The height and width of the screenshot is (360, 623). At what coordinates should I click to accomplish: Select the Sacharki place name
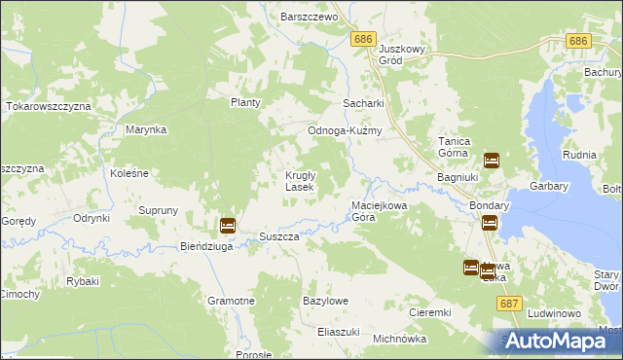(x=363, y=103)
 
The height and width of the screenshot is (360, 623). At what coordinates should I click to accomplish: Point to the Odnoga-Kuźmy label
(x=344, y=131)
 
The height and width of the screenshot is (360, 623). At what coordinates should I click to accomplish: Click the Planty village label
(x=246, y=102)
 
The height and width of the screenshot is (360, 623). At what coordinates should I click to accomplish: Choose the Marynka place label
(x=146, y=129)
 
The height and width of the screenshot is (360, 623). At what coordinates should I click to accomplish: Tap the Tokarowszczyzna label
(x=49, y=105)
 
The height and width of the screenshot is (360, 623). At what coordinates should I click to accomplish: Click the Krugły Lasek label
(x=299, y=181)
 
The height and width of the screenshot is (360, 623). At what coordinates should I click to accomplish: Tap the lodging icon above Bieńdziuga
(x=227, y=226)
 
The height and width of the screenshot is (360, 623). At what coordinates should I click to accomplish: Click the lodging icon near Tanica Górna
(x=492, y=161)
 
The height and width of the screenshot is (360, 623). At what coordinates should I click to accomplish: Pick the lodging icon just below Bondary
(x=489, y=223)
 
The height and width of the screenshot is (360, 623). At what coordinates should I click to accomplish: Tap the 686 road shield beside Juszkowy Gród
(x=363, y=37)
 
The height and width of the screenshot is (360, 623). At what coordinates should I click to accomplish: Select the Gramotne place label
(x=231, y=302)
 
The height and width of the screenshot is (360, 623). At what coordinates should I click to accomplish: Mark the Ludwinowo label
(x=554, y=314)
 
